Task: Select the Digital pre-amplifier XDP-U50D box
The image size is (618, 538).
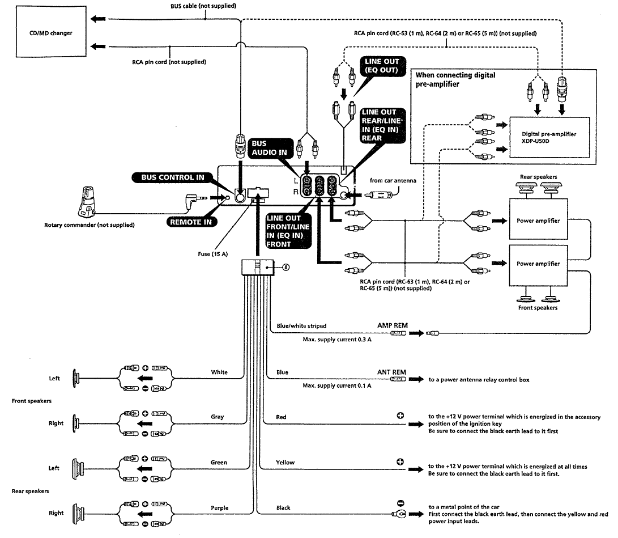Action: tap(549, 138)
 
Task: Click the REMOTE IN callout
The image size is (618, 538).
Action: tap(191, 222)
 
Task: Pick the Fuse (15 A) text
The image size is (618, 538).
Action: tap(212, 253)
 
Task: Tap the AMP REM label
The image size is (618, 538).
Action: tap(393, 326)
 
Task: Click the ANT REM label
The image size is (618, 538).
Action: tap(391, 372)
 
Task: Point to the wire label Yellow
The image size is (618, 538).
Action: tap(285, 463)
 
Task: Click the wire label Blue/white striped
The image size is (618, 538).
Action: tap(301, 326)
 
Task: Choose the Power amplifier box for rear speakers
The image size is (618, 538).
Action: tap(538, 221)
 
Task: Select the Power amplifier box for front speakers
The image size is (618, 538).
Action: tap(538, 264)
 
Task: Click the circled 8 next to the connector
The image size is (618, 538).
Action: tap(285, 268)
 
